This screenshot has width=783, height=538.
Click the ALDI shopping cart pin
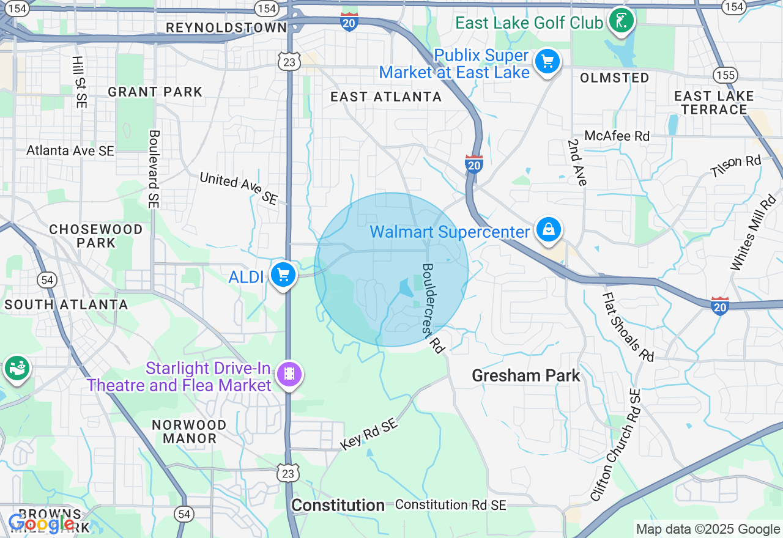coord(283,275)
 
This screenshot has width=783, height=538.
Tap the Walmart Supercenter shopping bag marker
coord(549,230)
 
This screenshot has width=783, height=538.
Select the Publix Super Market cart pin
coord(547,62)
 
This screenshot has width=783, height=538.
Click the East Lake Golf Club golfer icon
coord(622,21)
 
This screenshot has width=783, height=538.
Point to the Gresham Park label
coord(525,375)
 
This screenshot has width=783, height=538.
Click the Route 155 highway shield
coord(724,75)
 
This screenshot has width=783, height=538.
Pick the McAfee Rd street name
coord(617,136)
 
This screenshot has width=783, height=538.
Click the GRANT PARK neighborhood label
coord(155,92)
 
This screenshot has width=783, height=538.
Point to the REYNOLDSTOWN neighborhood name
coord(226,28)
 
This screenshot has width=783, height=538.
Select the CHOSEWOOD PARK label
coord(95,236)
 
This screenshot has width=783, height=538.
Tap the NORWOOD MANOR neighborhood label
coord(189,432)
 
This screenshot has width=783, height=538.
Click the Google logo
coord(42,523)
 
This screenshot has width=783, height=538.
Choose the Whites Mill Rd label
coord(752,233)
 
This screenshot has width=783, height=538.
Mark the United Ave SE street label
coord(239,188)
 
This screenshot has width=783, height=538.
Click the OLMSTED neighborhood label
coord(614,78)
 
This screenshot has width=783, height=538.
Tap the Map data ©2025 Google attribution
coord(708,529)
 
